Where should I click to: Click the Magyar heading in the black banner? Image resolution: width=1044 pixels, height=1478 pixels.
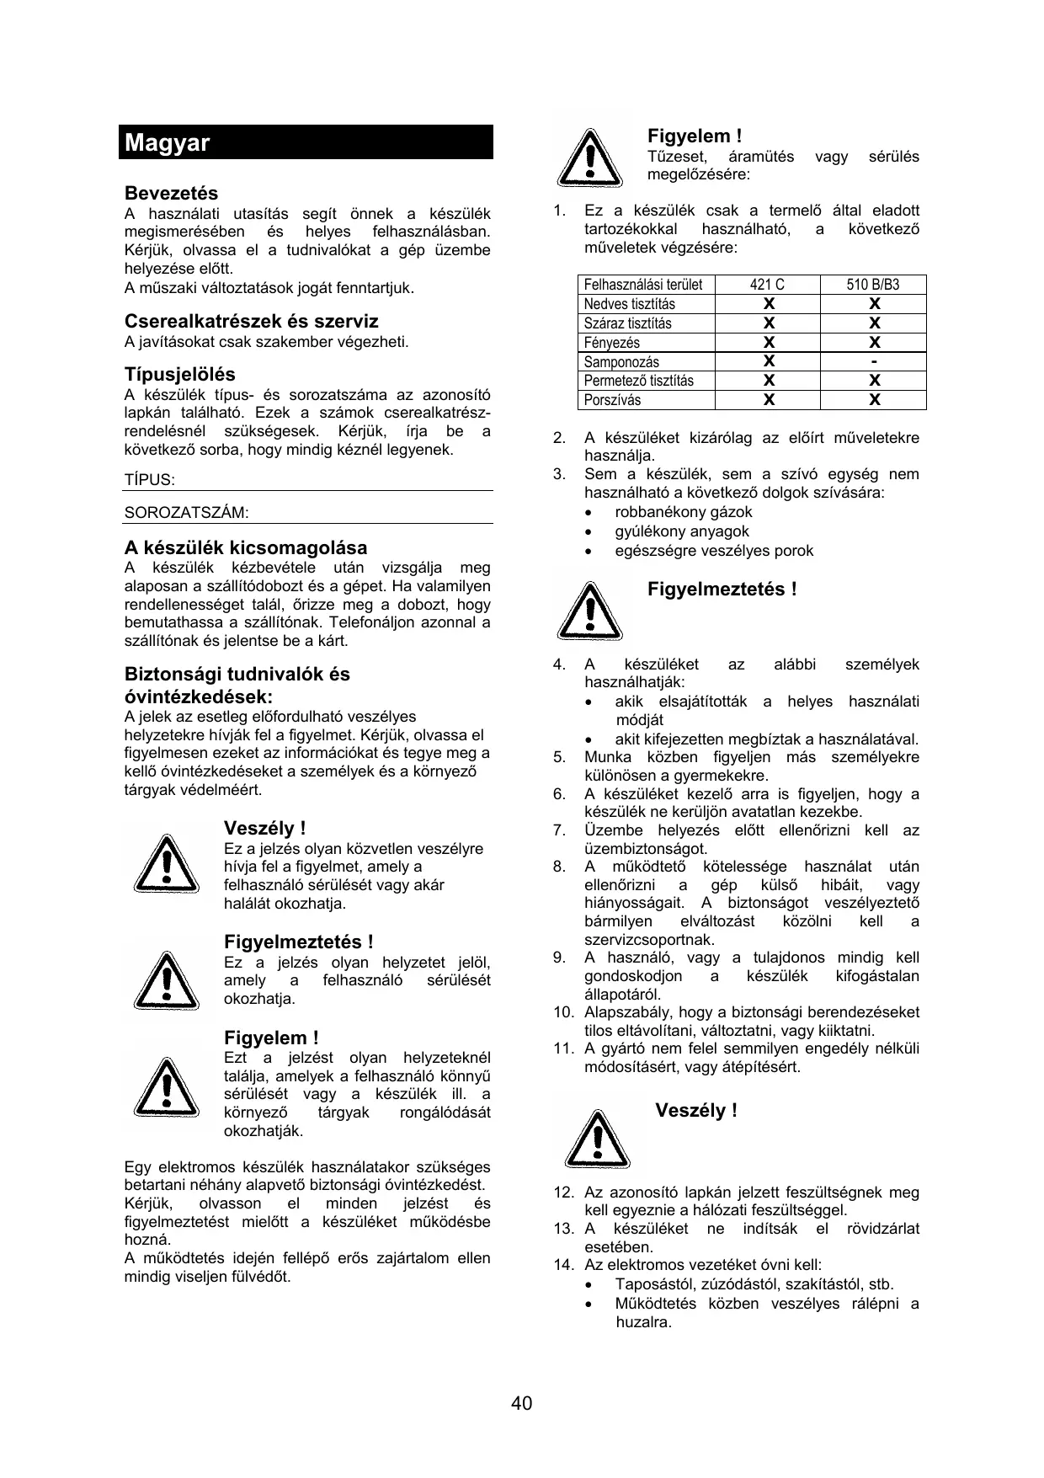click(x=167, y=142)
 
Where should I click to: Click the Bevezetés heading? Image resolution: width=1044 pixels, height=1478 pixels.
click(x=171, y=193)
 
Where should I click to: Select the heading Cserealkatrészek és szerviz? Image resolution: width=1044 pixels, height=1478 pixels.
click(x=251, y=321)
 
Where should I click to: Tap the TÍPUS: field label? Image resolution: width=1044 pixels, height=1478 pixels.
click(x=149, y=480)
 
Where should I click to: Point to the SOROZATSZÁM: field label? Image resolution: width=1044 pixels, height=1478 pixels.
click(x=186, y=513)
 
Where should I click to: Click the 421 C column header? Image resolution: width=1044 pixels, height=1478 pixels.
click(x=767, y=285)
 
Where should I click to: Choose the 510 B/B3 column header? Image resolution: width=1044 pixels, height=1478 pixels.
click(x=873, y=285)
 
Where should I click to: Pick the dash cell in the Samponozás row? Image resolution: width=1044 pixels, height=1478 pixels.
click(x=874, y=361)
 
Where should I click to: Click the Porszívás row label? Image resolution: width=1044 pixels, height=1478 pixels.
click(x=612, y=400)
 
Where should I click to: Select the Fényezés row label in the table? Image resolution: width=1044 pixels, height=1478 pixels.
click(x=612, y=343)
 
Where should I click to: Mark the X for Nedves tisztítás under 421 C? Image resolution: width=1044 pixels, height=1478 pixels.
click(x=768, y=304)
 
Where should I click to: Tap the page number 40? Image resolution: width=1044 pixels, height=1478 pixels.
click(x=521, y=1403)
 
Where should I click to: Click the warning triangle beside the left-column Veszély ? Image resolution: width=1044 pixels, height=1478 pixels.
click(x=167, y=865)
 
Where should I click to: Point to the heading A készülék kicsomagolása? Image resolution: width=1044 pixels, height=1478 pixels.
click(x=246, y=547)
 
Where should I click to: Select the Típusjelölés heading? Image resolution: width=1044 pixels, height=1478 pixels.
click(x=179, y=374)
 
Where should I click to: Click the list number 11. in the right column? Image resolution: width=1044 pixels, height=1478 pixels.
click(x=563, y=1048)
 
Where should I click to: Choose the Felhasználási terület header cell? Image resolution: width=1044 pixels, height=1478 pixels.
click(x=643, y=285)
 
